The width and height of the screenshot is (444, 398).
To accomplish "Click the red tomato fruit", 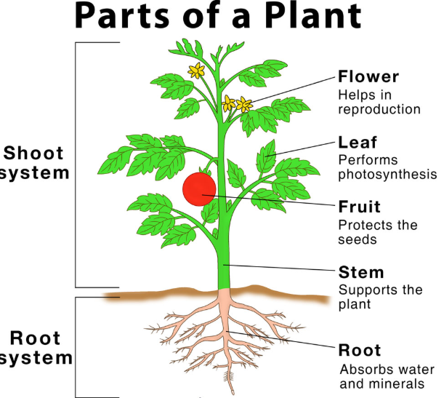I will (199, 188).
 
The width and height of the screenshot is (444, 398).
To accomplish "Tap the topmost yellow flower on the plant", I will (195, 71).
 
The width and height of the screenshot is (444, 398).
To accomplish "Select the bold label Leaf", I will (356, 142).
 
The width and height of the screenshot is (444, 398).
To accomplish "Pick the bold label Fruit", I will (360, 207).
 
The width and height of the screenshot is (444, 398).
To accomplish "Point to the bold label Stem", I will (361, 273).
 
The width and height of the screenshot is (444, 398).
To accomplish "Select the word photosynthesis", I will (387, 175).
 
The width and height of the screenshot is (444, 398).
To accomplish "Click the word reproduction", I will (379, 109).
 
